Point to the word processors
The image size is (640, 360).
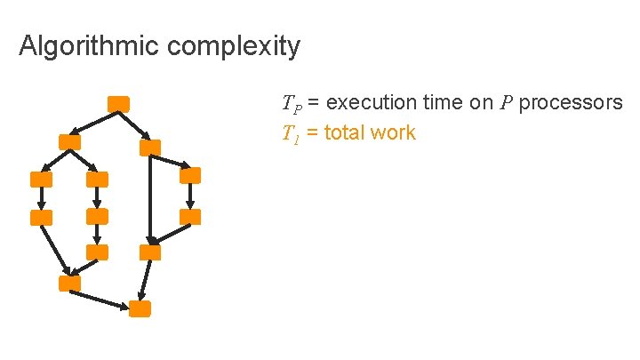coord(571,102)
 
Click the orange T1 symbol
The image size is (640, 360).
coord(291,134)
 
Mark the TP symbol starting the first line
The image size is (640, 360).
coord(292,103)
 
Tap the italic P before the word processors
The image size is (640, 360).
coord(507,102)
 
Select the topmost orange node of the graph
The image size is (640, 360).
coord(118,103)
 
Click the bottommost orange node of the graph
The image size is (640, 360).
coord(140,308)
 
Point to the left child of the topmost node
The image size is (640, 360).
coord(69,141)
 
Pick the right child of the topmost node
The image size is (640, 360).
coord(150,148)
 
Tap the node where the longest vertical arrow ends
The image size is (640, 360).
coord(150,252)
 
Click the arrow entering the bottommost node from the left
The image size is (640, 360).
coord(100,299)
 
